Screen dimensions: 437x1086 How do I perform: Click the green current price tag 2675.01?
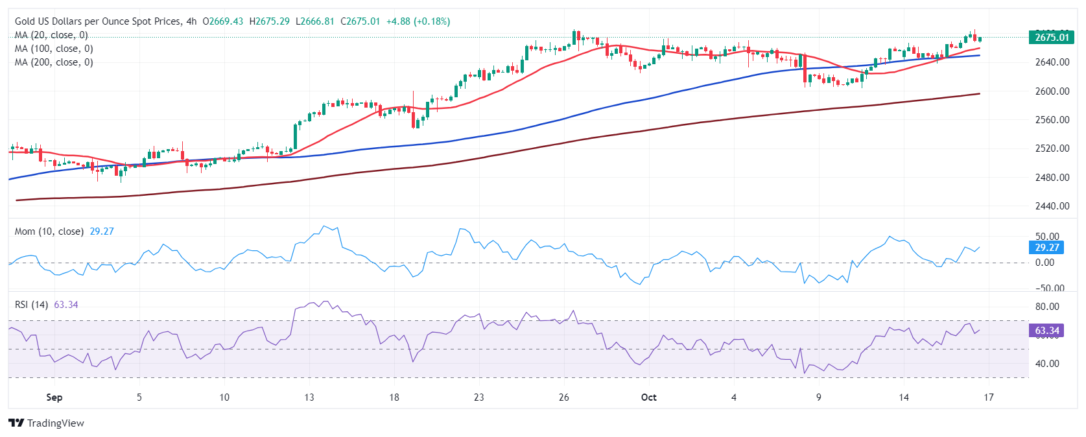1051,37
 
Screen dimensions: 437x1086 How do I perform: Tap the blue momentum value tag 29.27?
1046,247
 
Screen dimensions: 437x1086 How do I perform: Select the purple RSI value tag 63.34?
1046,331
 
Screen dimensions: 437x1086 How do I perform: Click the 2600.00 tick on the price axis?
1052,91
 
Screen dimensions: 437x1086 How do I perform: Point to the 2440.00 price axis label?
1052,206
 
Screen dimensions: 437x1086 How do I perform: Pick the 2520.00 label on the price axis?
1052,148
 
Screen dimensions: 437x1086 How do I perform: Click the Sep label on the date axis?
54,397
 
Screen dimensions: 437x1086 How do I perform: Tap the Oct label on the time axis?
648,397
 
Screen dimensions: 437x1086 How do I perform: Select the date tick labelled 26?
563,397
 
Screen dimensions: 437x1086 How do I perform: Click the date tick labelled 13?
309,397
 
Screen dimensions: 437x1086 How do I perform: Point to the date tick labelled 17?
988,397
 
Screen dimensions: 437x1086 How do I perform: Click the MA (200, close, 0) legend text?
54,62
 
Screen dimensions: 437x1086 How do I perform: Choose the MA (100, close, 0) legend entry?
54,49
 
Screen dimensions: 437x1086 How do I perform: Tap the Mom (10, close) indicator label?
49,231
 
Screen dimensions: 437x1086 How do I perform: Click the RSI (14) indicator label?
31,305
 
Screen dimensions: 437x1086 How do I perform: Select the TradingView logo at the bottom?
47,423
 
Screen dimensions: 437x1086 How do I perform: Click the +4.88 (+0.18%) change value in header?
418,21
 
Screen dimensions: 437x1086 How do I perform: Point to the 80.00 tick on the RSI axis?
1047,307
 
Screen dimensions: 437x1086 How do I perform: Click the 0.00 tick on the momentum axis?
1045,263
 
